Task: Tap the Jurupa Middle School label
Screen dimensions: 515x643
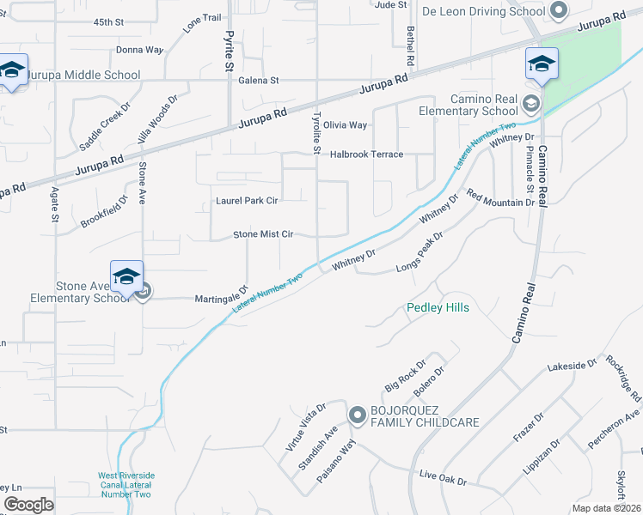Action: pyautogui.click(x=83, y=75)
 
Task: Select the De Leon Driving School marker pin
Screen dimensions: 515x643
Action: pyautogui.click(x=559, y=11)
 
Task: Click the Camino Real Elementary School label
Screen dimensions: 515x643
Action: pyautogui.click(x=468, y=105)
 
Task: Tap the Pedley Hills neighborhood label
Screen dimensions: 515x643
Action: pyautogui.click(x=438, y=307)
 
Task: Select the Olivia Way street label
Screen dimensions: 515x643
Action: pyautogui.click(x=345, y=125)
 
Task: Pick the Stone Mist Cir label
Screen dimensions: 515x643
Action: pyautogui.click(x=264, y=234)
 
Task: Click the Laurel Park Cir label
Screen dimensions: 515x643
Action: pyautogui.click(x=247, y=203)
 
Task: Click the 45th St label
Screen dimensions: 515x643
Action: pyautogui.click(x=110, y=21)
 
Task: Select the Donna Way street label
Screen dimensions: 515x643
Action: pyautogui.click(x=139, y=50)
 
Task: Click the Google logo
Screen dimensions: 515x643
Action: pyautogui.click(x=28, y=505)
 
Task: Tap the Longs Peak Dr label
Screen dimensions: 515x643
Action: pyautogui.click(x=419, y=252)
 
